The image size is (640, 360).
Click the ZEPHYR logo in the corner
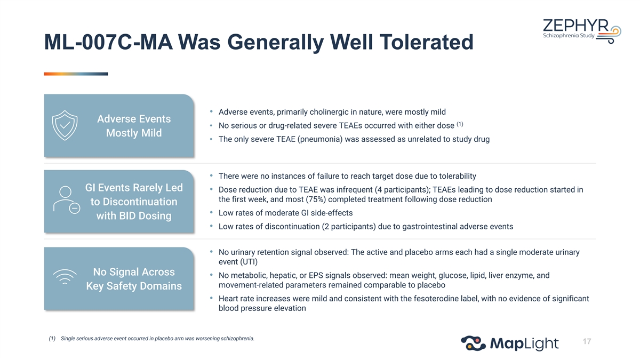pyautogui.click(x=582, y=31)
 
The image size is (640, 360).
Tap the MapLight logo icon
pyautogui.click(x=473, y=343)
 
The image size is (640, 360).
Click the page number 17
pyautogui.click(x=587, y=341)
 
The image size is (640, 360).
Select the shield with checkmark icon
pyautogui.click(x=65, y=125)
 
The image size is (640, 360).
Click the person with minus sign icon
pyautogui.click(x=67, y=200)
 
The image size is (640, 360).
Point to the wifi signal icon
pyautogui.click(x=65, y=277)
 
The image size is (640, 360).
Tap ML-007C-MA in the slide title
pyautogui.click(x=109, y=42)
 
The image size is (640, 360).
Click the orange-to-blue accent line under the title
pyautogui.click(x=76, y=74)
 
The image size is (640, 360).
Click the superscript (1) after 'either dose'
pyautogui.click(x=460, y=124)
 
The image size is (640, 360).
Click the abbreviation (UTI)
pyautogui.click(x=249, y=262)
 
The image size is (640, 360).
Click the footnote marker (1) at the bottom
pyautogui.click(x=52, y=339)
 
